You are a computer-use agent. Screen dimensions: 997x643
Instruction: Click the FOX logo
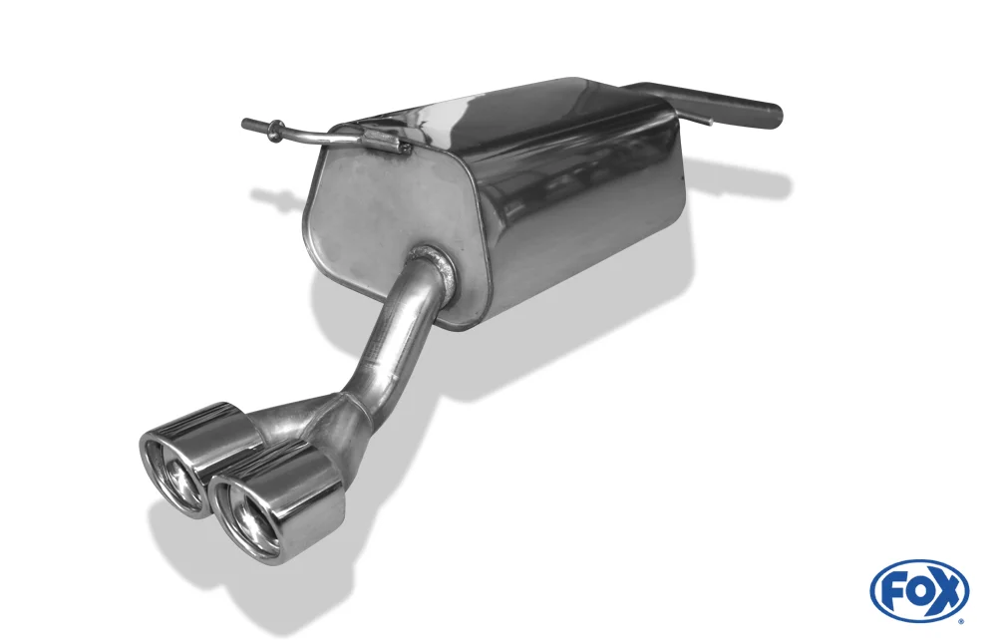919,591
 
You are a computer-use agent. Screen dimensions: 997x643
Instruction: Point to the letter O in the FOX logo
917,593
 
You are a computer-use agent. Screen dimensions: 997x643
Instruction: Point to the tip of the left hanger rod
245,123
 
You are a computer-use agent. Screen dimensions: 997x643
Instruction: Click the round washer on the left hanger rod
275,130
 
